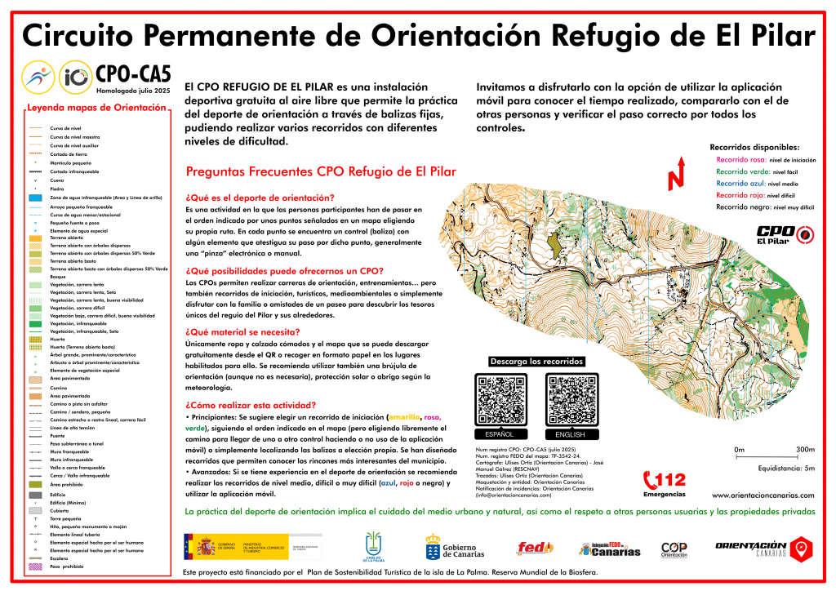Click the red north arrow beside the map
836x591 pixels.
pyautogui.click(x=675, y=177)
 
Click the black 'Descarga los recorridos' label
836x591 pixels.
pyautogui.click(x=536, y=362)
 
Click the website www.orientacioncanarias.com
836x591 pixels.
pyautogui.click(x=763, y=495)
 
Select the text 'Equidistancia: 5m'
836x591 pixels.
pyautogui.click(x=786, y=468)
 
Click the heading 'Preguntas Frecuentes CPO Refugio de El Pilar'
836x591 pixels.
pyautogui.click(x=321, y=172)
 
